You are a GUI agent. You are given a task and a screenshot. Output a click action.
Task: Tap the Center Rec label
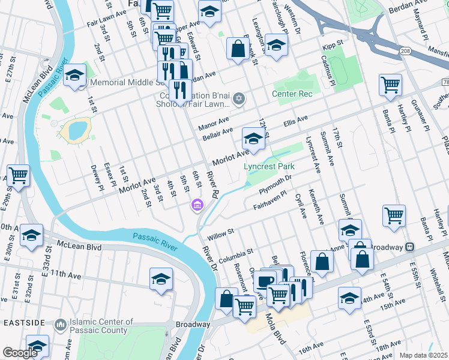point(292,94)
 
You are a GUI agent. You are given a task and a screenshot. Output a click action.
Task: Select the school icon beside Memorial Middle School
point(74,76)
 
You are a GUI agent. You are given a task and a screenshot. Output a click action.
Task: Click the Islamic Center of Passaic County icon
point(60,325)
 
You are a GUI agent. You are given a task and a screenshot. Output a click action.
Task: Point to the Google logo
point(20,353)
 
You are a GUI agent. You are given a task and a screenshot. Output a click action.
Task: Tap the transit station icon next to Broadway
point(409,247)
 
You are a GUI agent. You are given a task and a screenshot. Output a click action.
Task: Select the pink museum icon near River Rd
point(196,206)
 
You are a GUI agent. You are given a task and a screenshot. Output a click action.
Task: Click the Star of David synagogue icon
point(239,98)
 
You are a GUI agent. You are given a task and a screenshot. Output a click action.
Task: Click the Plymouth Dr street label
point(275,184)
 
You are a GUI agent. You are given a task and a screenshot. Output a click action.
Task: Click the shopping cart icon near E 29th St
point(17,176)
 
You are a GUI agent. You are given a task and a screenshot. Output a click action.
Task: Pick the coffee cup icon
point(265,281)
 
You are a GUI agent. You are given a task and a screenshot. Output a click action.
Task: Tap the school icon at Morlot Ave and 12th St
point(253,139)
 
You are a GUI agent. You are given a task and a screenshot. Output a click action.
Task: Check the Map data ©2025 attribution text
point(424,355)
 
